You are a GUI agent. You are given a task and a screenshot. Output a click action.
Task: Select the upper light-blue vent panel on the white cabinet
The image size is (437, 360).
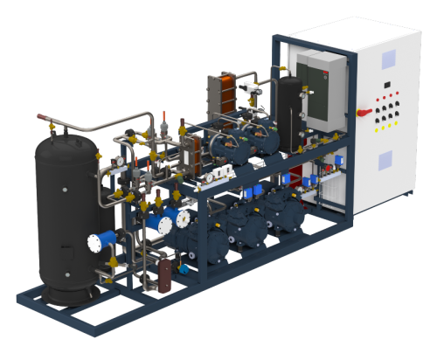coord(387,58)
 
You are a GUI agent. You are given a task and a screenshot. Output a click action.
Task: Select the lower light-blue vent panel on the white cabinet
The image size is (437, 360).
coord(385,162)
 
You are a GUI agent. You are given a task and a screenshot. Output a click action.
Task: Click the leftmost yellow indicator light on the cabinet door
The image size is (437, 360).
coord(378,128)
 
